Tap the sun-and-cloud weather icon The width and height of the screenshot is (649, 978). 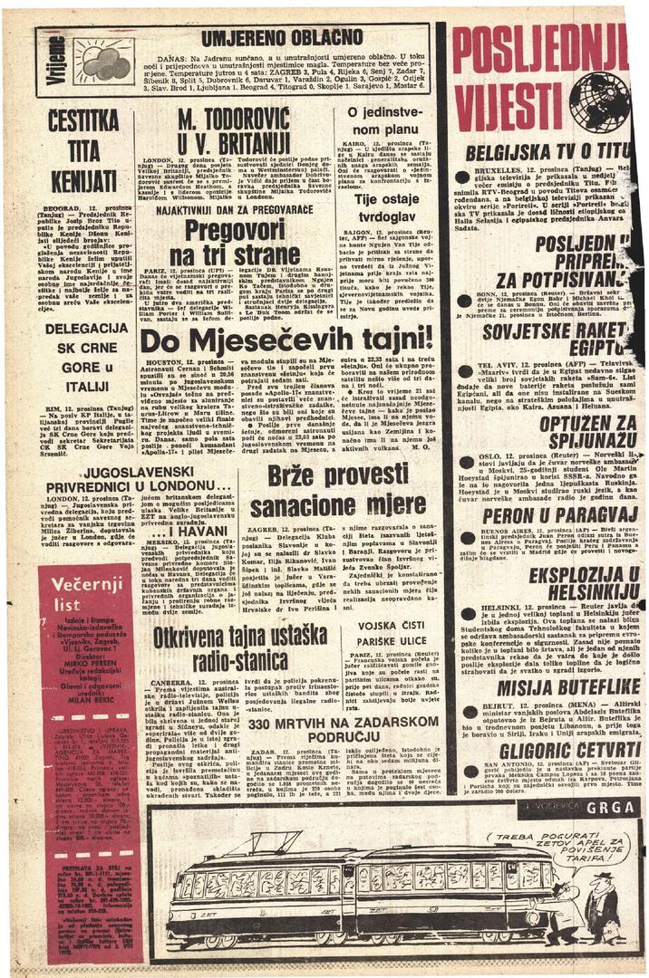103,62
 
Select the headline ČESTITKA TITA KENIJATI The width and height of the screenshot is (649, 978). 83,151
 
